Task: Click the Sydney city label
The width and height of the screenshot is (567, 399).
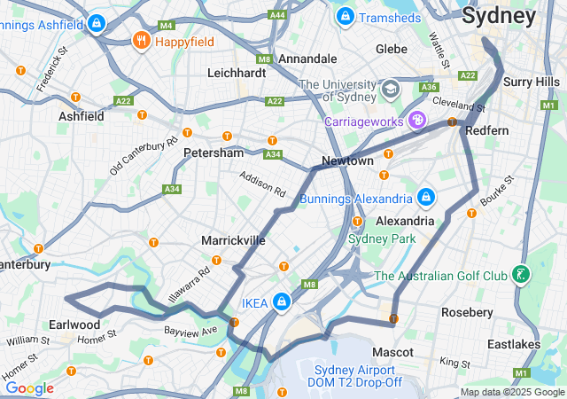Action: click(499, 16)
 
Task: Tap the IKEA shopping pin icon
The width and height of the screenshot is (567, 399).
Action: click(281, 302)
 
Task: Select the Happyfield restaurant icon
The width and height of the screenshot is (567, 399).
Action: click(141, 41)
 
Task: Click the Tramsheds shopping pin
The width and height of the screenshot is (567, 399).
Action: click(345, 16)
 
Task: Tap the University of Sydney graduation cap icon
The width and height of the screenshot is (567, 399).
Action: click(390, 90)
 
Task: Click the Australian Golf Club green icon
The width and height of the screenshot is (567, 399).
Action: click(522, 275)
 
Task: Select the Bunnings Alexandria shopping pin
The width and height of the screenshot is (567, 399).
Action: click(426, 198)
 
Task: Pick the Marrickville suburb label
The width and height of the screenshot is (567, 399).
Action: click(233, 240)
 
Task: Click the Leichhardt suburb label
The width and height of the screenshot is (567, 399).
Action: click(236, 73)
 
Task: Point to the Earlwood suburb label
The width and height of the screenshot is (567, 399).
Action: click(75, 324)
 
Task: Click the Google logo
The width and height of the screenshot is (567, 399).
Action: click(29, 388)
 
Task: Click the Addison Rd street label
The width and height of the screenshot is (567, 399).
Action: click(263, 184)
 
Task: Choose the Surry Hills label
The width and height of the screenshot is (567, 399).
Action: click(532, 82)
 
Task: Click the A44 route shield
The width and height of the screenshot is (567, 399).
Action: click(278, 14)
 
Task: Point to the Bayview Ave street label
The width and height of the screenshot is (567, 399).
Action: click(190, 330)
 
